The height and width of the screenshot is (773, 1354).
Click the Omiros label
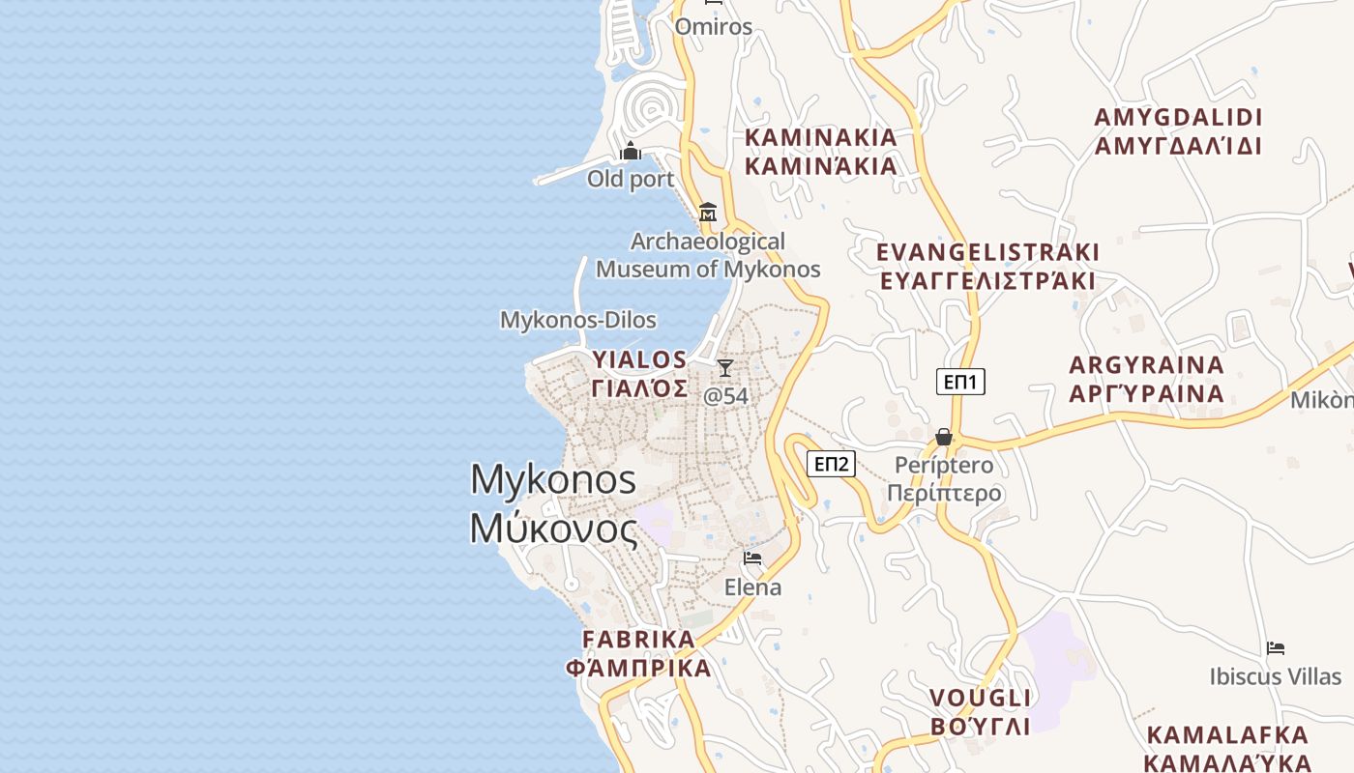[713, 26]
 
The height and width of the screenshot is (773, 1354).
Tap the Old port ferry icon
[631, 151]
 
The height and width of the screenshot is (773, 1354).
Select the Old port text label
[631, 179]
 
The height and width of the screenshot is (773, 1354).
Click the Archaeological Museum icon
[708, 213]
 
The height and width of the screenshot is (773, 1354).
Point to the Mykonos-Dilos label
[577, 320]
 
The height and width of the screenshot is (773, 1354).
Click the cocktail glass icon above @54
[725, 368]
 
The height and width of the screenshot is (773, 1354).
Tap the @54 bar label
[725, 396]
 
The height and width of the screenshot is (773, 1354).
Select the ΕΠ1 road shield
[960, 382]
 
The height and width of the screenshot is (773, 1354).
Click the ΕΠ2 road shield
[831, 465]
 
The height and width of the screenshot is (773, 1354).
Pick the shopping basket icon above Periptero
[944, 438]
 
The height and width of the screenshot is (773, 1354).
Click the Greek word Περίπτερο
[944, 494]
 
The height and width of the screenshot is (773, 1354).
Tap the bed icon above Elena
[752, 558]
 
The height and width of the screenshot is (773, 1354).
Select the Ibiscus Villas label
[1276, 676]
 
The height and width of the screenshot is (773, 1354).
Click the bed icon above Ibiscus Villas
[1276, 648]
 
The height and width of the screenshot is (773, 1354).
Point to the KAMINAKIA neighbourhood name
[821, 138]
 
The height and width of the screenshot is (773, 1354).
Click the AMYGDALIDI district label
[1178, 118]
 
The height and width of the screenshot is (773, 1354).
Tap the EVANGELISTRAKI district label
[987, 253]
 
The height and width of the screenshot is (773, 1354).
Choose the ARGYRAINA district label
[1147, 366]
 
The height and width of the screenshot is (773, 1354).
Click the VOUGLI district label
[981, 698]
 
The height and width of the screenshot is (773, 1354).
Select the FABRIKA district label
[638, 639]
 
